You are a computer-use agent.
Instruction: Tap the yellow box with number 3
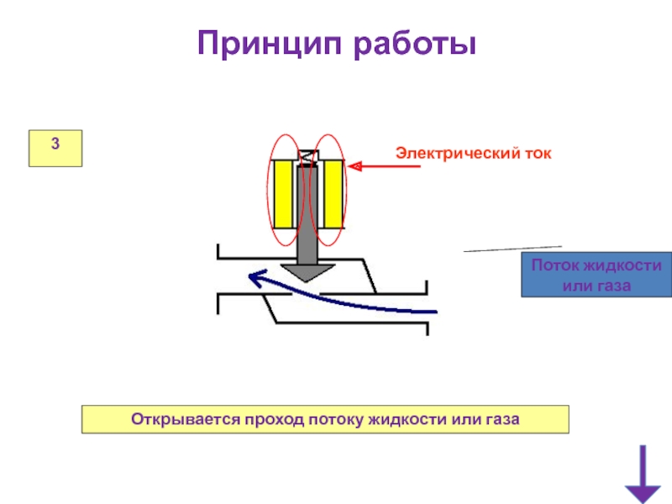55,148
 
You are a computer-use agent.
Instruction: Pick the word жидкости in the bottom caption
400,418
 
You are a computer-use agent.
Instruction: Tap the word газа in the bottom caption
503,418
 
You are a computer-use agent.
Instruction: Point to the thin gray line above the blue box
512,249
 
